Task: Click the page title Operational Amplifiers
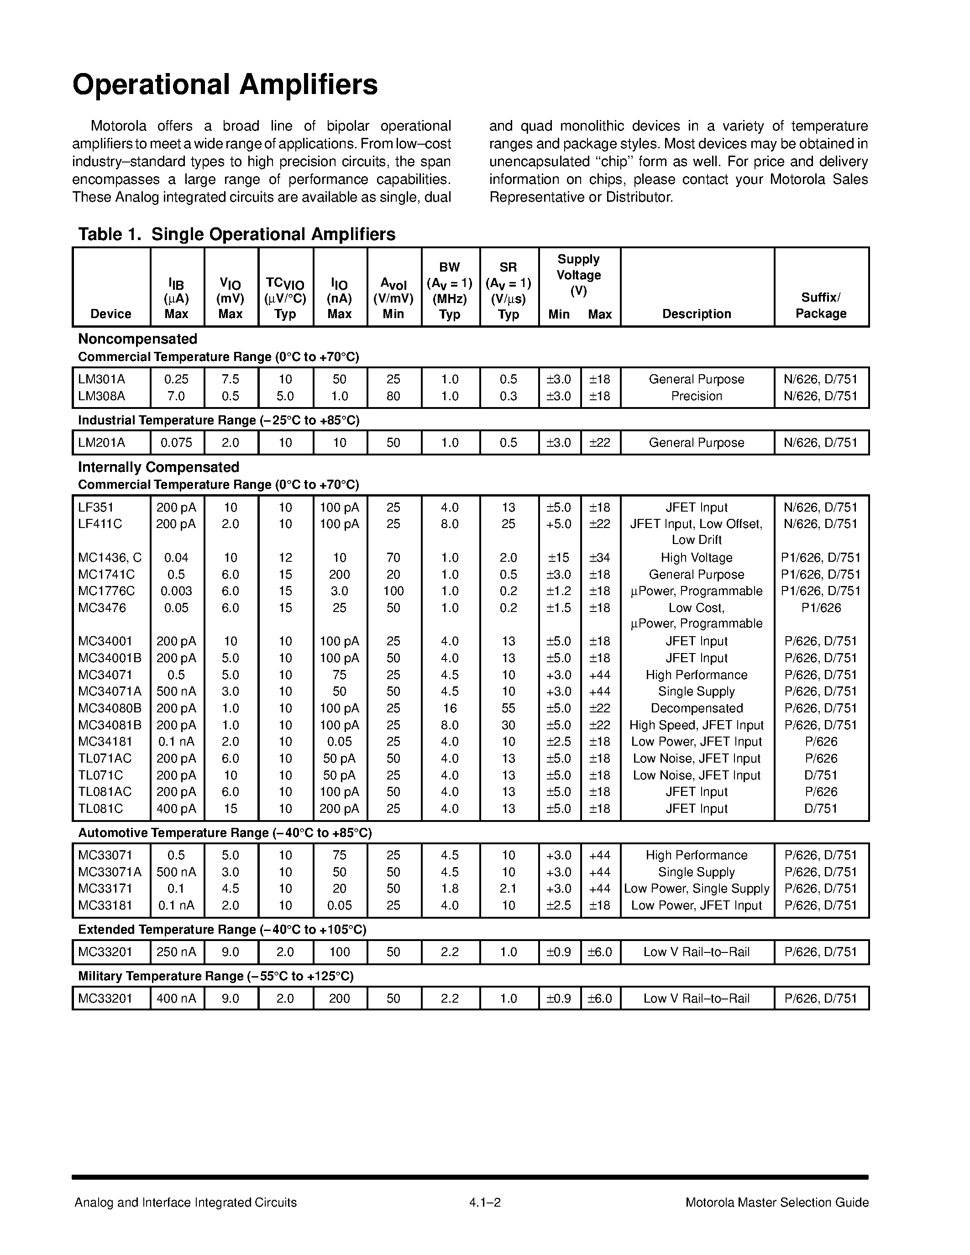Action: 225,85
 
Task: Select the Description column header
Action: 697,314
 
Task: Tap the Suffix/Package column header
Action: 821,305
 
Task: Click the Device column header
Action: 111,314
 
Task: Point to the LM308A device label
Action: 102,396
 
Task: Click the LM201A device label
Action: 102,443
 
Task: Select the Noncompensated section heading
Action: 137,339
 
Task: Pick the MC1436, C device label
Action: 110,557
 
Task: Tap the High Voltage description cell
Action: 697,557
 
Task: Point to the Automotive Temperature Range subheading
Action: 225,833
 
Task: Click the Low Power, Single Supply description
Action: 697,889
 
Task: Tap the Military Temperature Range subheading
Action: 215,976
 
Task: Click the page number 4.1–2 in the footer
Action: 485,1203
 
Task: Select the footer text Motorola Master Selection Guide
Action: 777,1203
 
